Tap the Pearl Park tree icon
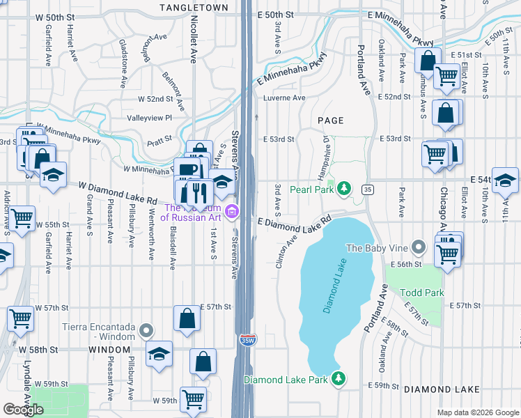[343, 189]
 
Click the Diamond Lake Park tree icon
[339, 378]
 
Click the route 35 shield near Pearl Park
[367, 189]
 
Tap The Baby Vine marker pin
[418, 247]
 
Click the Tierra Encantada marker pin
[146, 330]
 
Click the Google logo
[23, 410]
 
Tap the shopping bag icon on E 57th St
[187, 319]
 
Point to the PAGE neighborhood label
[331, 121]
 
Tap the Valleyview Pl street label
[149, 118]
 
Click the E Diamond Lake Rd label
[293, 225]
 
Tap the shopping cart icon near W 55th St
[22, 218]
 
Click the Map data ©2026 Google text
[477, 412]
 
